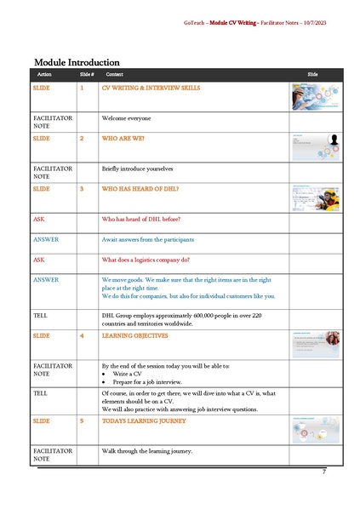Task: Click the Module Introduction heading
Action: pyautogui.click(x=76, y=61)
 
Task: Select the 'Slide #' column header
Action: pyautogui.click(x=86, y=76)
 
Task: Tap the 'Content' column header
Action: pyautogui.click(x=114, y=76)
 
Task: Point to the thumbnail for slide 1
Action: pyautogui.click(x=315, y=96)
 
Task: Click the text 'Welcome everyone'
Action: pyautogui.click(x=127, y=118)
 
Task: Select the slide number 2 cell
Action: pyautogui.click(x=82, y=137)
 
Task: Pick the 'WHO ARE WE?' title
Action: pyautogui.click(x=123, y=137)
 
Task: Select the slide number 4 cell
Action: pyautogui.click(x=82, y=335)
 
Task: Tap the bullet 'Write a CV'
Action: pyautogui.click(x=126, y=372)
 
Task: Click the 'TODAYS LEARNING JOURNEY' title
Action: pyautogui.click(x=144, y=420)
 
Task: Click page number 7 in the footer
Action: pyautogui.click(x=323, y=472)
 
